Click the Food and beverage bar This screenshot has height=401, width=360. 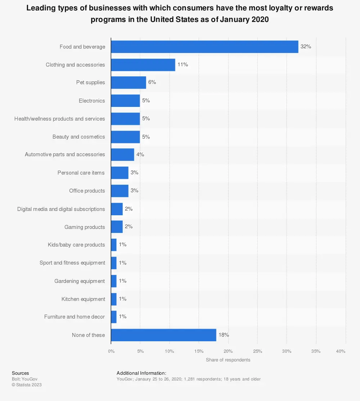[204, 47]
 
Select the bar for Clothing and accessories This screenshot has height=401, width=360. [143, 65]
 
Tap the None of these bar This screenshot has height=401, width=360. [163, 335]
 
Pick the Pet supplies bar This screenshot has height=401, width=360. [129, 82]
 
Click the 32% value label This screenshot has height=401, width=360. [306, 47]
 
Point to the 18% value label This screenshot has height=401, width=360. [224, 335]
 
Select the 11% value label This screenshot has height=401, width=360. [183, 65]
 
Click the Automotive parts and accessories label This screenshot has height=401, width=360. [65, 154]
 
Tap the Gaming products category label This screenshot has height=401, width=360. [85, 227]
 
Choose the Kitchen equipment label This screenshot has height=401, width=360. [83, 299]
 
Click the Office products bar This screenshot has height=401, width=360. [120, 191]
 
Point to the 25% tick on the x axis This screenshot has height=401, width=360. [257, 351]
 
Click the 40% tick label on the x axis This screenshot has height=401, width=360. [341, 351]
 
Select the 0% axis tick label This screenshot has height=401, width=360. [111, 351]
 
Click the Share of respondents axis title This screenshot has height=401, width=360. [228, 360]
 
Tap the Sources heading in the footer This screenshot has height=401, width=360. [21, 373]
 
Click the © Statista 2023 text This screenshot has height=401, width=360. [27, 385]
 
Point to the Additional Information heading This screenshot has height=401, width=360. [141, 373]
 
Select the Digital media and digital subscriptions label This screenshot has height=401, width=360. [61, 209]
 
